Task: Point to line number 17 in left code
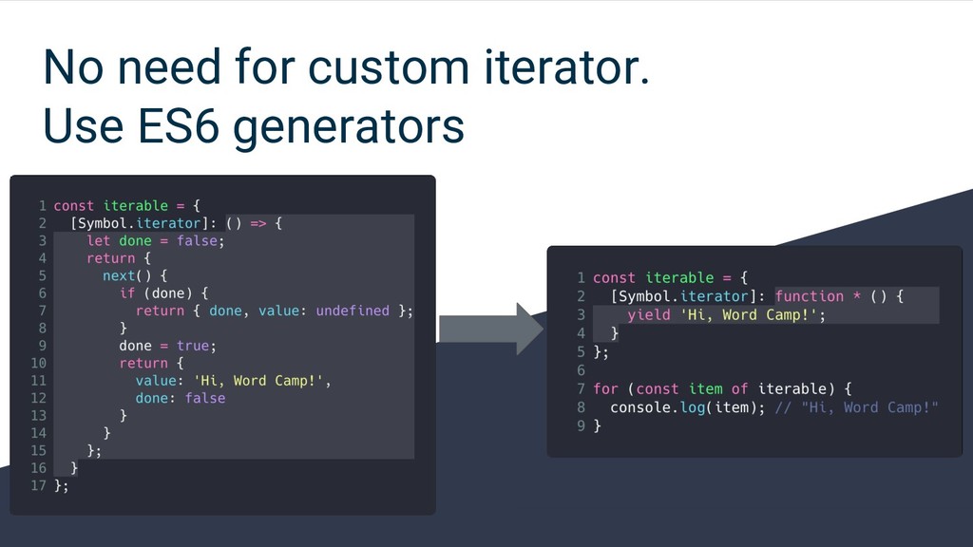click(38, 485)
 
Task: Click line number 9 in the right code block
click(580, 425)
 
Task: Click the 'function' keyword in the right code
click(809, 296)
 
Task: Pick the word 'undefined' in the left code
click(352, 311)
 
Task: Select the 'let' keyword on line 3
click(98, 240)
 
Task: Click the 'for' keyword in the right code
click(605, 388)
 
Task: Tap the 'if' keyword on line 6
click(126, 292)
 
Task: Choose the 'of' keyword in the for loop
click(739, 388)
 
